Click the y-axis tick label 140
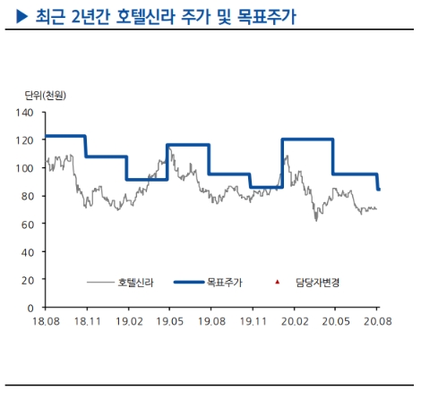click(x=25, y=113)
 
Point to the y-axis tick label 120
click(x=25, y=140)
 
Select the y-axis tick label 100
click(x=25, y=168)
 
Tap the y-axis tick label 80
click(x=28, y=196)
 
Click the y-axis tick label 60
click(x=28, y=224)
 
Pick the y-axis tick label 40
click(x=28, y=251)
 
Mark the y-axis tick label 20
click(x=28, y=279)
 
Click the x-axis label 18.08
click(x=45, y=319)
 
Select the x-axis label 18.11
click(x=86, y=319)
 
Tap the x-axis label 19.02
click(x=128, y=319)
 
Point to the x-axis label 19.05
click(x=169, y=319)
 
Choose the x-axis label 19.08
click(x=210, y=319)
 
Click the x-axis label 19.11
click(x=253, y=319)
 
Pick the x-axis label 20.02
click(x=294, y=319)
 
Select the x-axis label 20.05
click(x=335, y=319)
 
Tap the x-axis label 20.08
click(x=376, y=319)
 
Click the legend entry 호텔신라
click(x=135, y=283)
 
